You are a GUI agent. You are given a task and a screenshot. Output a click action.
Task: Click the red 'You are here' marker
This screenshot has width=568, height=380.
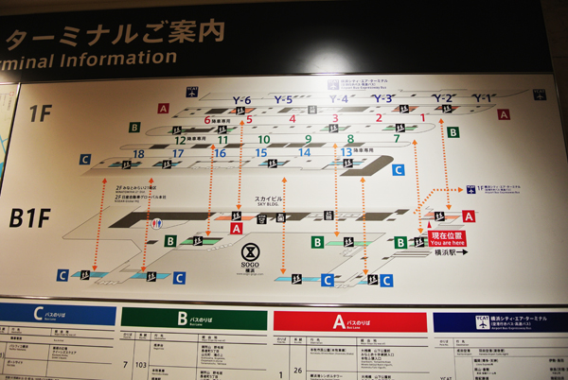coord(448,238)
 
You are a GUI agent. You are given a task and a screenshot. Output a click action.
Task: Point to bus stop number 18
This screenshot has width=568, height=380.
coord(139,153)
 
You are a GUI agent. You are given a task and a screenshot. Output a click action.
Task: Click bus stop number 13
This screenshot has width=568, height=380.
coord(346,151)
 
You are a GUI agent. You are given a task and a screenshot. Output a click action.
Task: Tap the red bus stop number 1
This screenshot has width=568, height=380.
coord(422,118)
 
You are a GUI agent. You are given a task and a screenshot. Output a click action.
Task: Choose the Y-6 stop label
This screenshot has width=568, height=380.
coord(241,100)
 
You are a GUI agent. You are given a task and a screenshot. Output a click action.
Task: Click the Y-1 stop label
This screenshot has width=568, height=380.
coord(483,97)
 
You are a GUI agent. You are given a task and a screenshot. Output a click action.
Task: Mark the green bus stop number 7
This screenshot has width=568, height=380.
coord(396,138)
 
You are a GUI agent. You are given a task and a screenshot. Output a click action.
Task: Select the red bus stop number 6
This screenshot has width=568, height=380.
coord(206,120)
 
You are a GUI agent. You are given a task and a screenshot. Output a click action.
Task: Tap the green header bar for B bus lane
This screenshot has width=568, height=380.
coord(193,319)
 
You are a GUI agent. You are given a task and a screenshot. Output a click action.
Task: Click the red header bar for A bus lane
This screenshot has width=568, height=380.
coord(349,321)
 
